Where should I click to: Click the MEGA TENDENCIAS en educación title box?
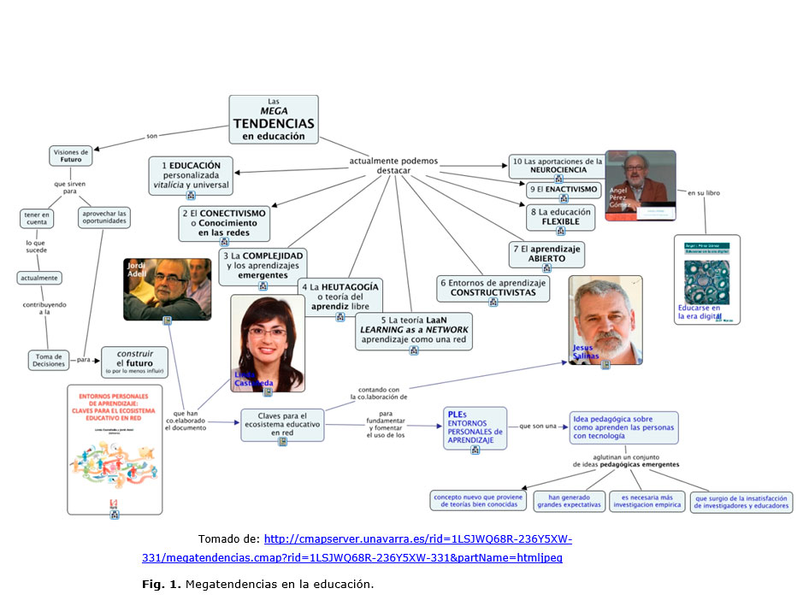pos(274,118)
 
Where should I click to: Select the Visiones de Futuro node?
pos(70,156)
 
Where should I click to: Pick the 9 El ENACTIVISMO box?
pos(565,189)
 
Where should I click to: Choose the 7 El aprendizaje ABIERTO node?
pos(546,253)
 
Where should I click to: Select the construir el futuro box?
pos(134,362)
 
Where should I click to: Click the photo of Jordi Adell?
pos(167,288)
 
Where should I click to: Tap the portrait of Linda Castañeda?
pos(267,343)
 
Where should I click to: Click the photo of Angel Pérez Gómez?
pos(640,185)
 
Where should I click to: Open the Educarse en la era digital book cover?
pos(706,279)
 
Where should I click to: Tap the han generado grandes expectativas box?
pos(569,501)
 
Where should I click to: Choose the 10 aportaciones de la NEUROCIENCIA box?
pos(558,164)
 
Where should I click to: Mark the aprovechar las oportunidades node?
pos(105,218)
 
